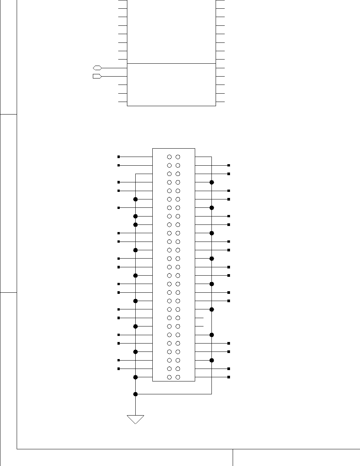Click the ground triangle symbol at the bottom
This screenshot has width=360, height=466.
[135, 419]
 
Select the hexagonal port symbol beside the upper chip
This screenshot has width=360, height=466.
[97, 68]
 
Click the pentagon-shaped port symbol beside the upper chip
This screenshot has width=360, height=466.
[97, 76]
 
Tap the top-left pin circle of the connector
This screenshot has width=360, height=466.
[169, 157]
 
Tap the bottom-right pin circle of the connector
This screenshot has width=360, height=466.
[178, 377]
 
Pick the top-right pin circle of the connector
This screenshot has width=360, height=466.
[178, 157]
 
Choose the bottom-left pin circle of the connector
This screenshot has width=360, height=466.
[169, 377]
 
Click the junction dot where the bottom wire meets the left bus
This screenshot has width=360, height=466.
[135, 394]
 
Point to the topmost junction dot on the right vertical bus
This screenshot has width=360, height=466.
[212, 182]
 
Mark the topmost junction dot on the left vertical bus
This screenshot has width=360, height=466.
[135, 199]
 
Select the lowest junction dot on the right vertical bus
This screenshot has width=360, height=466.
[212, 360]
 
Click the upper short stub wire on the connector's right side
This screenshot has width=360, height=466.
[199, 318]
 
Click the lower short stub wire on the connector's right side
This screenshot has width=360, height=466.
[199, 326]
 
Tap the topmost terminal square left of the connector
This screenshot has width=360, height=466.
[119, 157]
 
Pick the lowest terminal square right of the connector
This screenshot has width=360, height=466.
[229, 377]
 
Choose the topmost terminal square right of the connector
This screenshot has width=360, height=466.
[229, 165]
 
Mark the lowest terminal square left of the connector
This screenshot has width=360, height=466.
[119, 369]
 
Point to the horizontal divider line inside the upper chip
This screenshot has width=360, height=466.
[171, 63]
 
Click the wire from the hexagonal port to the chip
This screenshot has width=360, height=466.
[114, 68]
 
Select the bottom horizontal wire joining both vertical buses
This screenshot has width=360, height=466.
[174, 394]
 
